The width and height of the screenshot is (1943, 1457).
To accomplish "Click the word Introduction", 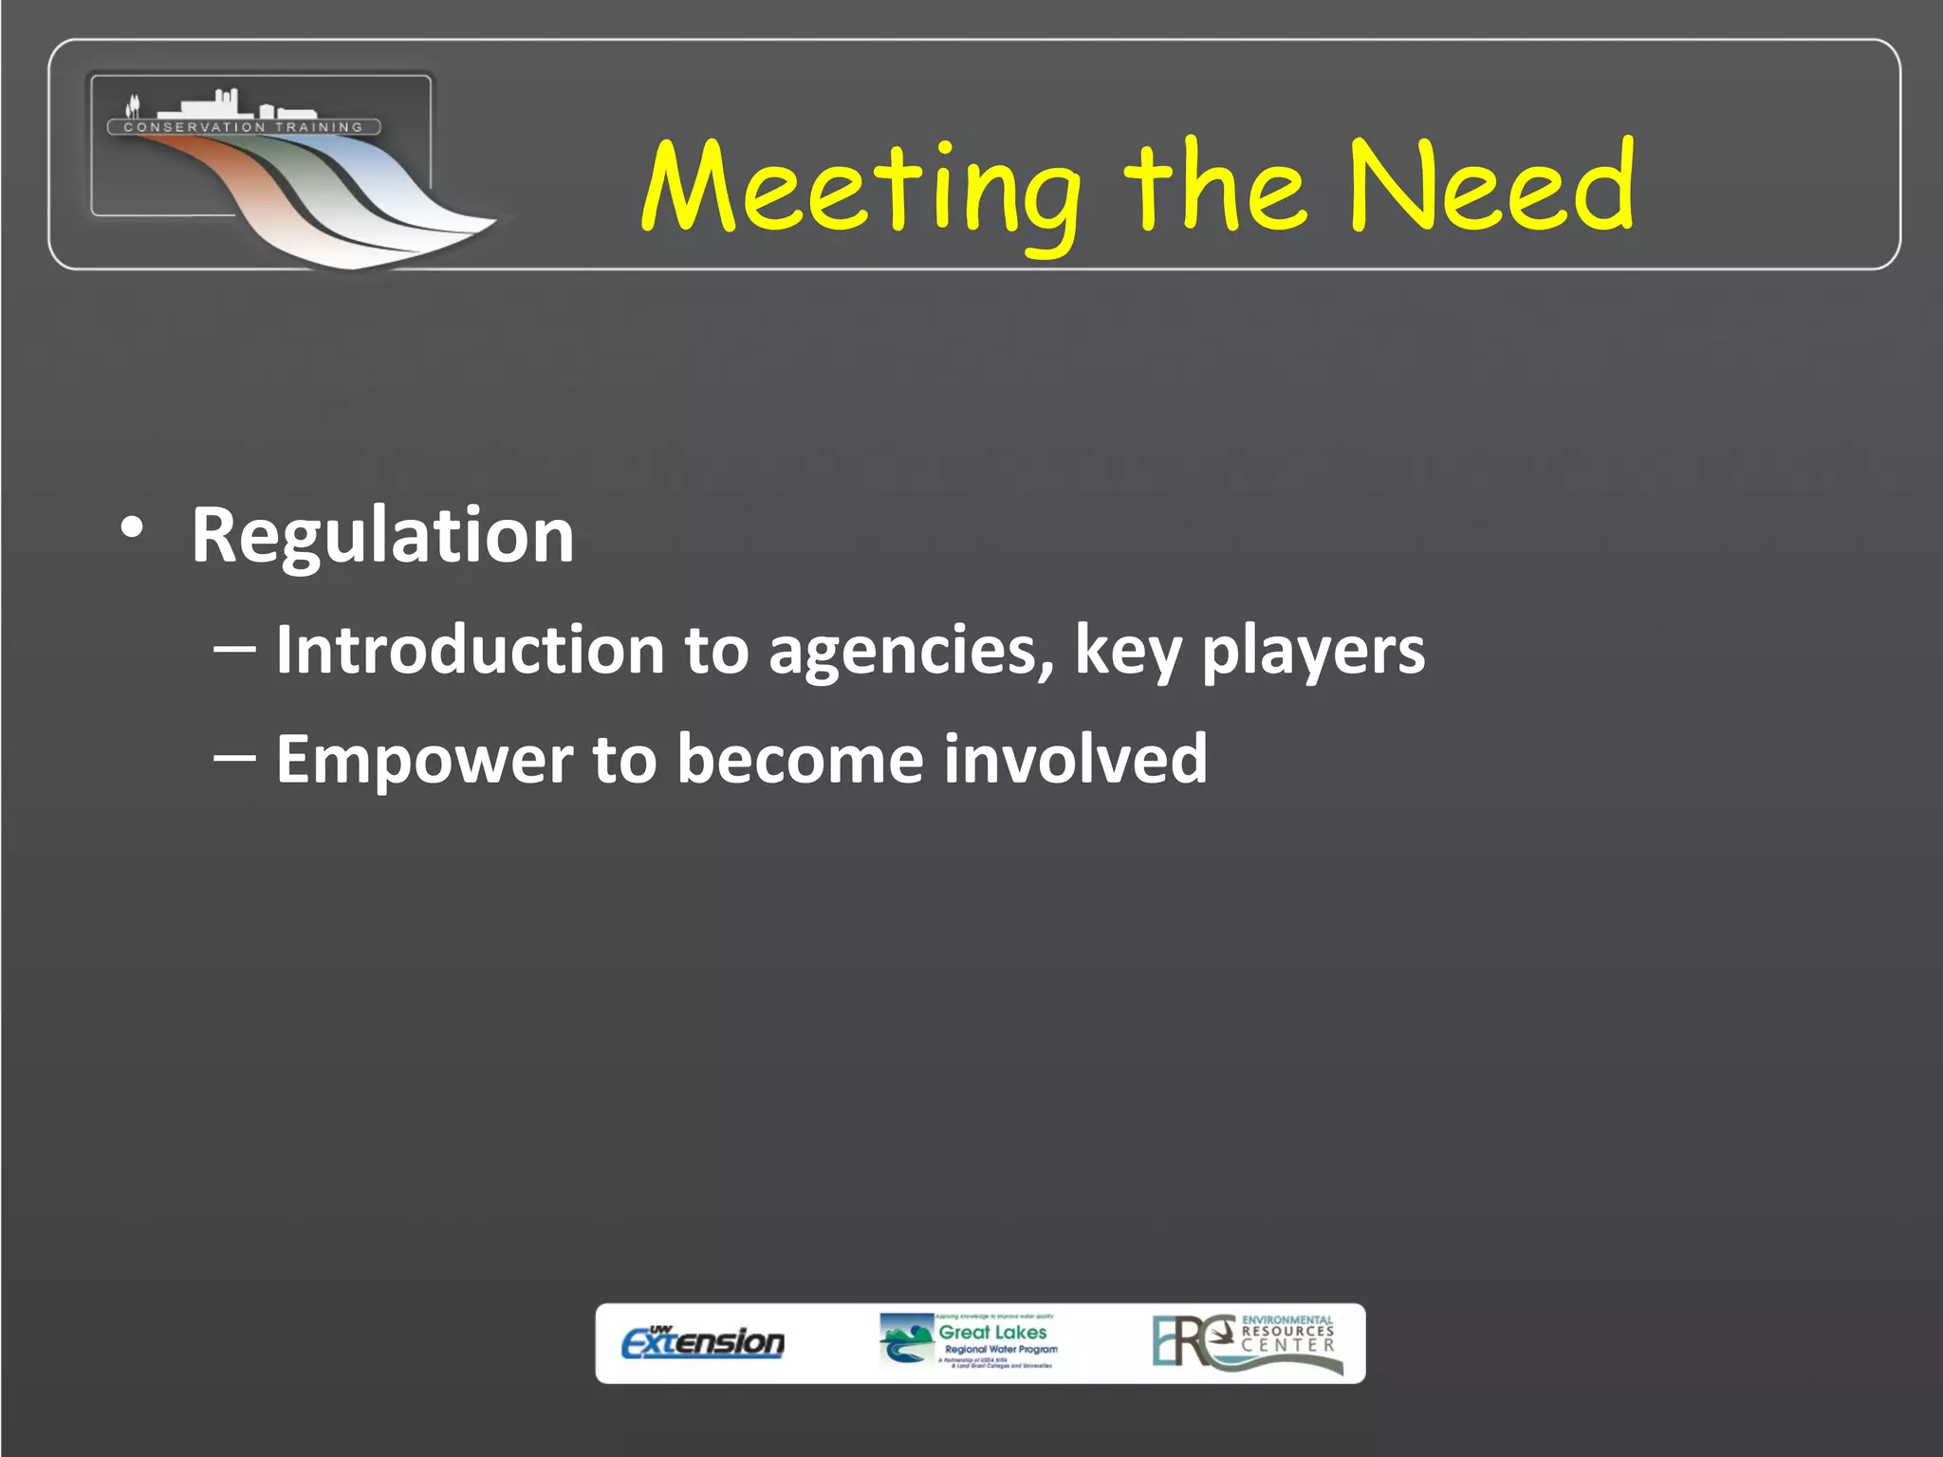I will point(470,650).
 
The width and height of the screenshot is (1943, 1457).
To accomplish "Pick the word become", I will point(800,759).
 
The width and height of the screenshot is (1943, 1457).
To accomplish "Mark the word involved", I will point(1075,759).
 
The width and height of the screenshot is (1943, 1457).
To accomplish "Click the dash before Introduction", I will point(234,650).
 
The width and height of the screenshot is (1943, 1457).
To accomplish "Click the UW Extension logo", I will point(703,1341).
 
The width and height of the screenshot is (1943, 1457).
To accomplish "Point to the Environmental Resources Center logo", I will point(1246,1341).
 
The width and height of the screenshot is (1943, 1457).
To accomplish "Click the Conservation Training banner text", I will point(244,127).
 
